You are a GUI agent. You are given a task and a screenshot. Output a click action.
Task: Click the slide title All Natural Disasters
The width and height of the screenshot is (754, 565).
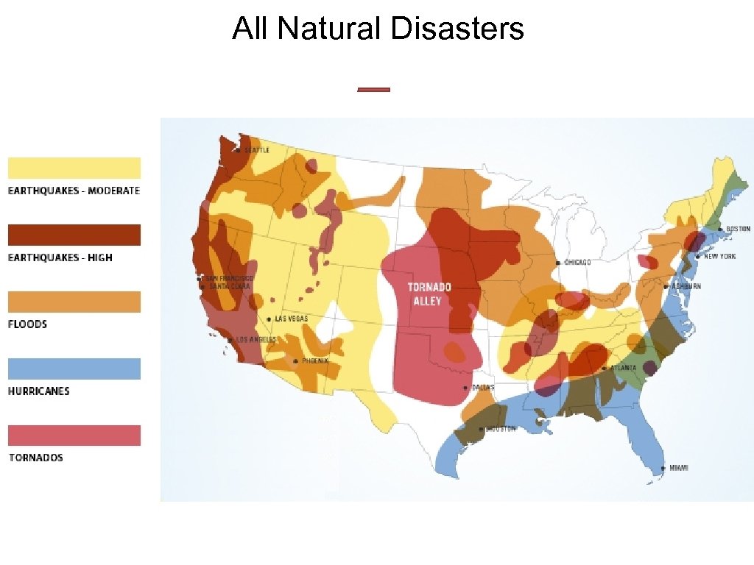click(378, 29)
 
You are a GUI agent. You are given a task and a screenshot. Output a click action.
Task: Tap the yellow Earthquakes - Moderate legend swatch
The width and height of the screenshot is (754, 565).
click(74, 168)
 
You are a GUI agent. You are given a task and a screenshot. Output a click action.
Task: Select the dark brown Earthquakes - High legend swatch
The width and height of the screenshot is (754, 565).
click(74, 235)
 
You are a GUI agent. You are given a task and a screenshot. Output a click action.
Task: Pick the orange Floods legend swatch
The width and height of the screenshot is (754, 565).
click(74, 302)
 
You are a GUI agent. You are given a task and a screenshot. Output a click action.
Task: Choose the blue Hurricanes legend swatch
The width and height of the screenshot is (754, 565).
click(74, 369)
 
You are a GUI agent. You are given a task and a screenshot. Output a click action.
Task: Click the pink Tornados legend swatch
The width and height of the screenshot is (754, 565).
click(74, 436)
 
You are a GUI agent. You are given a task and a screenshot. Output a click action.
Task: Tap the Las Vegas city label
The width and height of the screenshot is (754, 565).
click(291, 319)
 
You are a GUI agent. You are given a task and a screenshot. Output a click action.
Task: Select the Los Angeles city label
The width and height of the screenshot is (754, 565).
click(254, 340)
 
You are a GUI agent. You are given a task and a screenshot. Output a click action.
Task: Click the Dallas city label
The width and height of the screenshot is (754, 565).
click(482, 387)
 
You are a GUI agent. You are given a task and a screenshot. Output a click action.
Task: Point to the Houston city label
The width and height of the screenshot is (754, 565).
click(500, 428)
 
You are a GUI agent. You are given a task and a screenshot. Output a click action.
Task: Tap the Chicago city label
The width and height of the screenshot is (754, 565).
click(577, 262)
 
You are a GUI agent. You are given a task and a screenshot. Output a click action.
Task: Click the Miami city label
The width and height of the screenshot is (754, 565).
click(678, 468)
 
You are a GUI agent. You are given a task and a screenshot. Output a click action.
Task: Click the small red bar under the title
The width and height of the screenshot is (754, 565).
click(373, 90)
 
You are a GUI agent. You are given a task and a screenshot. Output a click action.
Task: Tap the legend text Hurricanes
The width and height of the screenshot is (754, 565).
click(39, 391)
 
